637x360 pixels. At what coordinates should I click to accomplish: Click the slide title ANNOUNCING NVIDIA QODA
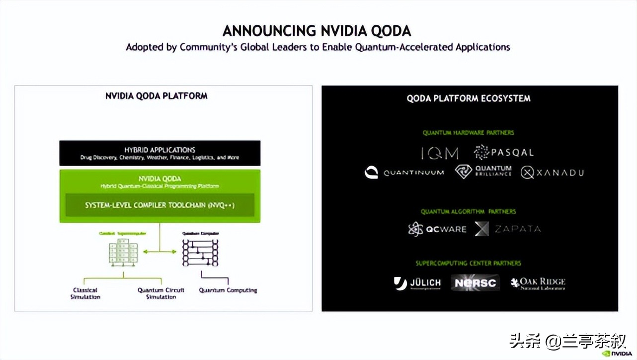click(x=317, y=31)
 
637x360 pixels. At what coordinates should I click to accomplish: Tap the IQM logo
click(x=440, y=153)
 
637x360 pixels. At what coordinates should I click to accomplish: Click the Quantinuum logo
click(x=403, y=173)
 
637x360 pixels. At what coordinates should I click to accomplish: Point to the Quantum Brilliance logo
click(x=483, y=172)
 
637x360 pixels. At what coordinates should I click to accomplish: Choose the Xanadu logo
click(x=552, y=173)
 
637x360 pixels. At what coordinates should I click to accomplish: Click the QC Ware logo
click(x=437, y=229)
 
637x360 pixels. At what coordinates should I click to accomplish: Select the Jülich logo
click(x=417, y=283)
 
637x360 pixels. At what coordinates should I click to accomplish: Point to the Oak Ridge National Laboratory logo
click(x=538, y=283)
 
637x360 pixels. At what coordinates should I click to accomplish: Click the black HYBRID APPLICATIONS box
click(x=159, y=153)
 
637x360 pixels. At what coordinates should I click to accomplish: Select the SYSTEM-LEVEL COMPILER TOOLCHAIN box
click(x=159, y=205)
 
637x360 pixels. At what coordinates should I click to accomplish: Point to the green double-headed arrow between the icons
click(x=160, y=252)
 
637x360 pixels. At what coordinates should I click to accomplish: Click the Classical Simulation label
click(x=85, y=293)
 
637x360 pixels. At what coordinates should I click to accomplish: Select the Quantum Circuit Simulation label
click(x=161, y=293)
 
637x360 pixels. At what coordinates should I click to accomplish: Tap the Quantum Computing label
click(x=228, y=290)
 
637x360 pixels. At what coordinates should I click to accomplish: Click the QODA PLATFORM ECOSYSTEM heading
click(x=469, y=98)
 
